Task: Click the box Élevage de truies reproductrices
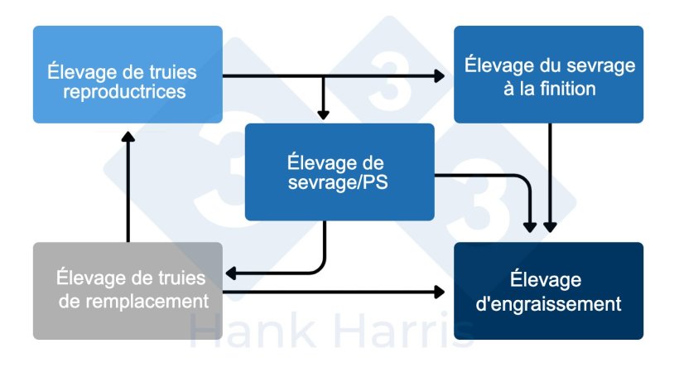[128, 75]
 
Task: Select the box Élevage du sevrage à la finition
[548, 75]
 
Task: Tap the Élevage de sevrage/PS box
[339, 172]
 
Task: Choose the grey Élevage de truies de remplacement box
[128, 290]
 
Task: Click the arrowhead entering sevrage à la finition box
[439, 76]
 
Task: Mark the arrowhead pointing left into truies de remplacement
[231, 273]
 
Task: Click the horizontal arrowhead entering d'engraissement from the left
[439, 291]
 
